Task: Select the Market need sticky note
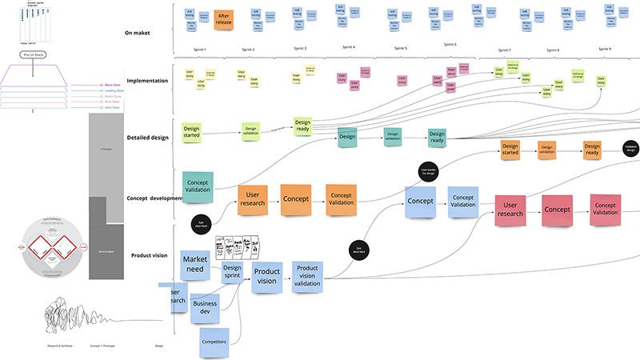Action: tap(195, 266)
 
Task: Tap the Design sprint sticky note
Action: tap(232, 274)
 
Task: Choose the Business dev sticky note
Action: tap(206, 308)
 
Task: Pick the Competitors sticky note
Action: tap(214, 342)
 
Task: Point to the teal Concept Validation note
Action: tap(198, 187)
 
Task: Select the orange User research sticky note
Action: tap(252, 198)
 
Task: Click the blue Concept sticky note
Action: tap(419, 199)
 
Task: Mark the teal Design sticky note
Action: tap(347, 137)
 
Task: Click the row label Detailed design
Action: tap(148, 138)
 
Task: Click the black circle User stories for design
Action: tap(428, 172)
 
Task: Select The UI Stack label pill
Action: tap(38, 54)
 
